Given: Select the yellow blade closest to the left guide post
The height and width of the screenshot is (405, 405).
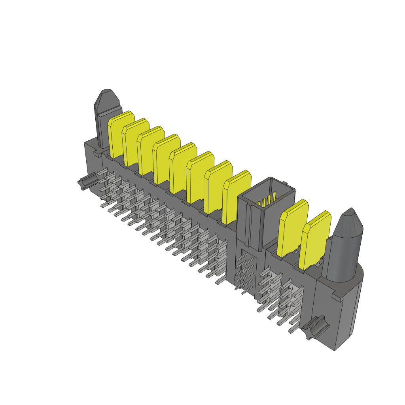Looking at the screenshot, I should tap(120, 136).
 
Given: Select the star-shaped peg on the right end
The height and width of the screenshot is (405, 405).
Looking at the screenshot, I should tap(314, 327).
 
